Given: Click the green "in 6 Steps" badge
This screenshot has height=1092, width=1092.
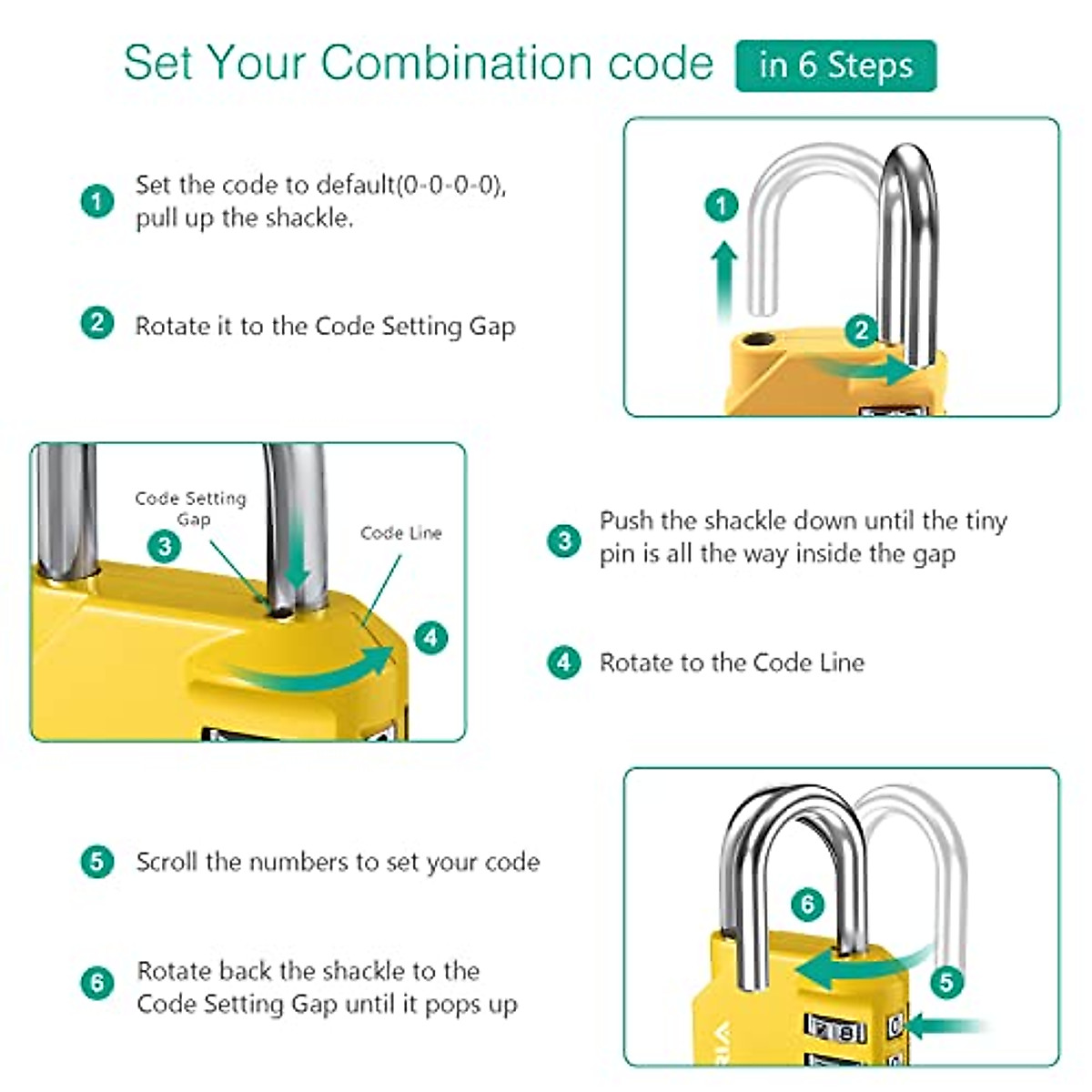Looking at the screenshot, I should (835, 66).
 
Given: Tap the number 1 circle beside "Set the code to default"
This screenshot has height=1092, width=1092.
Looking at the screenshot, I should (97, 201).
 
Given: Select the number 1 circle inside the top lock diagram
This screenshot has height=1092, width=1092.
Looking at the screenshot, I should (723, 205).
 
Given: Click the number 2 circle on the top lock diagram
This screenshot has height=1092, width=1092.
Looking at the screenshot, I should (861, 330).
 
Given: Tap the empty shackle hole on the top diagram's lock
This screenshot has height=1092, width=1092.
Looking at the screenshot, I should (755, 342).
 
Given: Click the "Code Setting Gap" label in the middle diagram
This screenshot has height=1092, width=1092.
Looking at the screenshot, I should (191, 509).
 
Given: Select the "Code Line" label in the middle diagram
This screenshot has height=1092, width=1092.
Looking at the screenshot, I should (400, 533).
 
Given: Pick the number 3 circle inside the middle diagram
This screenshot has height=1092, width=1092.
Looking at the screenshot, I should (165, 546).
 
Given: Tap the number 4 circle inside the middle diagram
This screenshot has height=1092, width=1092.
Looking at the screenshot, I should (430, 637).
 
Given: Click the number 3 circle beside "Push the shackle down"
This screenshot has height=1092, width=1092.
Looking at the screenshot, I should (564, 540).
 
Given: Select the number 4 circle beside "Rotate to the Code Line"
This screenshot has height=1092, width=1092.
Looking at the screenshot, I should (564, 662).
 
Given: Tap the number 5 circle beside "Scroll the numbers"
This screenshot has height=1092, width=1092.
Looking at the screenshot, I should (97, 862).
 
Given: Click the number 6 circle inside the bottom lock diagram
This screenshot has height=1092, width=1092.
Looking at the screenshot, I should (807, 905).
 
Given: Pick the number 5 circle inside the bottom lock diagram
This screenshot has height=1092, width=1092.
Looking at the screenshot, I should (946, 982).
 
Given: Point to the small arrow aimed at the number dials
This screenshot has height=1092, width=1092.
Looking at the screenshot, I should (942, 1027).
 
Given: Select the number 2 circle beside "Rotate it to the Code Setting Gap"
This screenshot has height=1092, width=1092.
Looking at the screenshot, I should (97, 323).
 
